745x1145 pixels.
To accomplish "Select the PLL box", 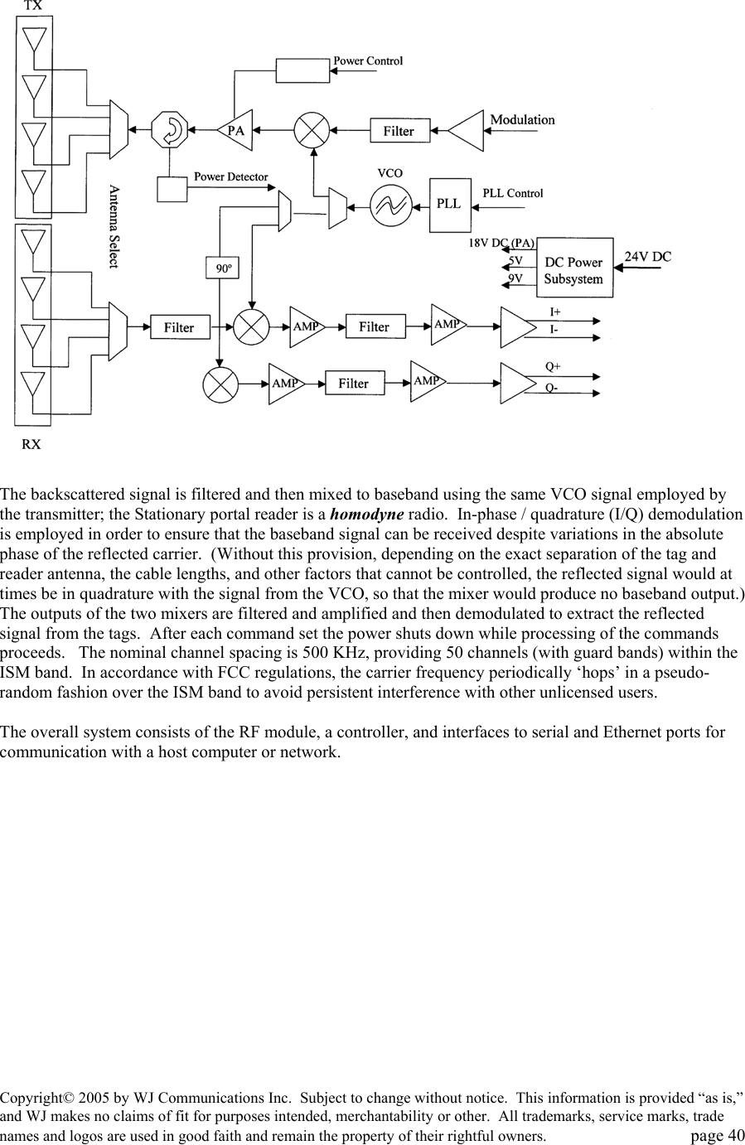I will (449, 204).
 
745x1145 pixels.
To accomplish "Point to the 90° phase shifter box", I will (222, 269).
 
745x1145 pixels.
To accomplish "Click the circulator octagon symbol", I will (172, 131).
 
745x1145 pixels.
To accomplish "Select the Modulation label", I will (522, 119).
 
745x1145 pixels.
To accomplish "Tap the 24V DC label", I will (647, 257).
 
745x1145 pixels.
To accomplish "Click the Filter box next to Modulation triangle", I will (399, 131).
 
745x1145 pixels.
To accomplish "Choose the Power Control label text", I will (367, 60).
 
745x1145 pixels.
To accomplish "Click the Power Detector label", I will (230, 176).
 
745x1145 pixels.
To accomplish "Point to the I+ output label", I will (556, 312).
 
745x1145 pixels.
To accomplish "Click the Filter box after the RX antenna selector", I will (179, 327).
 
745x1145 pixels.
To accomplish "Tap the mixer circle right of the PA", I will (312, 131).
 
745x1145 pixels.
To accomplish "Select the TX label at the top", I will (34, 6).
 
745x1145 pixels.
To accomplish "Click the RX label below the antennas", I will (31, 444).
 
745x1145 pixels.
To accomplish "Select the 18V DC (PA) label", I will (501, 243).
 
